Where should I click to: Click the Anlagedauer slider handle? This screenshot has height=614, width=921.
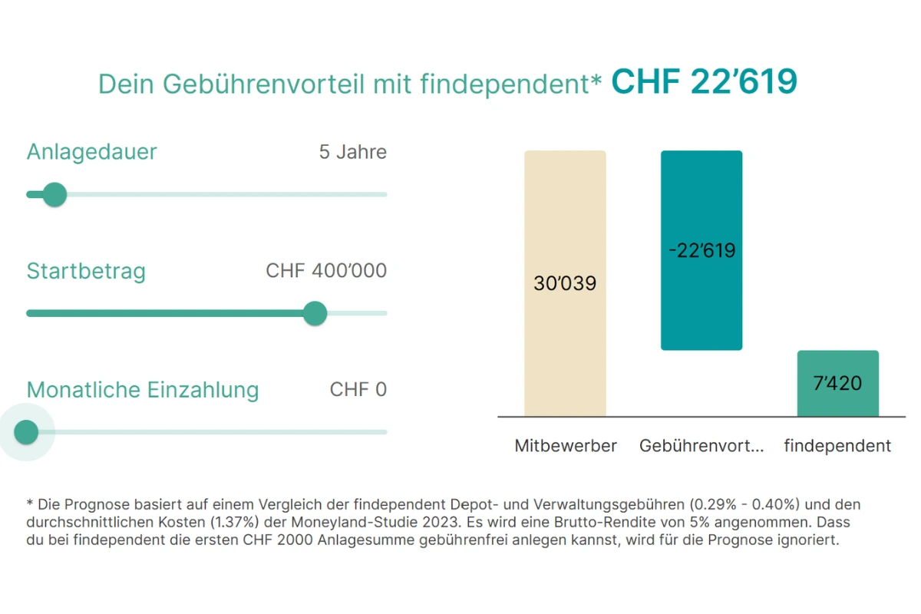54,195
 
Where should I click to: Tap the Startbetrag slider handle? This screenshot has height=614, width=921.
315,313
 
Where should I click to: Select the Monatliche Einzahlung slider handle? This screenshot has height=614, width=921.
27,432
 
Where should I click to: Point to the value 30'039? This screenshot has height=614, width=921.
565,284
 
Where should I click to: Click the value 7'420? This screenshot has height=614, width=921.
837,382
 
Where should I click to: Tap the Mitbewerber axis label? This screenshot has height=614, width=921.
566,446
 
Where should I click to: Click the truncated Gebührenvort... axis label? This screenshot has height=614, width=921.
701,446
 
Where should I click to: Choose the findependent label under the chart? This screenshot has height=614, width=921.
837,446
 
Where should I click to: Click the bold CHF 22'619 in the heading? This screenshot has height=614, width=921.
704,82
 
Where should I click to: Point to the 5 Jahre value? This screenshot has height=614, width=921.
352,152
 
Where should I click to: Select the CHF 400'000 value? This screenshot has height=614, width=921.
326,271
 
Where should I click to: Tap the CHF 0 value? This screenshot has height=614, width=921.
358,390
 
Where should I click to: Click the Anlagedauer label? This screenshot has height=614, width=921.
91,152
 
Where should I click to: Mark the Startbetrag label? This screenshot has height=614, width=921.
86,271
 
